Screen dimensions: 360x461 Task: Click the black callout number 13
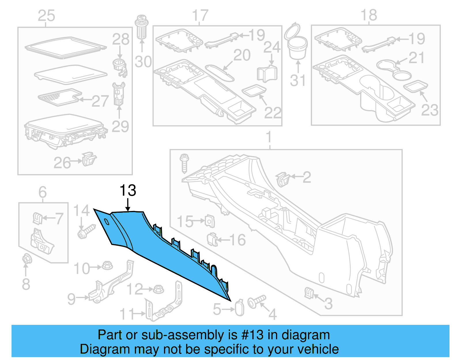tap(128, 191)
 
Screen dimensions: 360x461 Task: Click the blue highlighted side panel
tap(161, 254)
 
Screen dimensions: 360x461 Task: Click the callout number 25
tap(46, 16)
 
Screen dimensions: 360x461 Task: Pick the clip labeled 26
tap(89, 159)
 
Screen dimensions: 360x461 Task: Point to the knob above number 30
tap(141, 27)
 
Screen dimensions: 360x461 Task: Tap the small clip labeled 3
tap(309, 293)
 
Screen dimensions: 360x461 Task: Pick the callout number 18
tap(369, 15)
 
